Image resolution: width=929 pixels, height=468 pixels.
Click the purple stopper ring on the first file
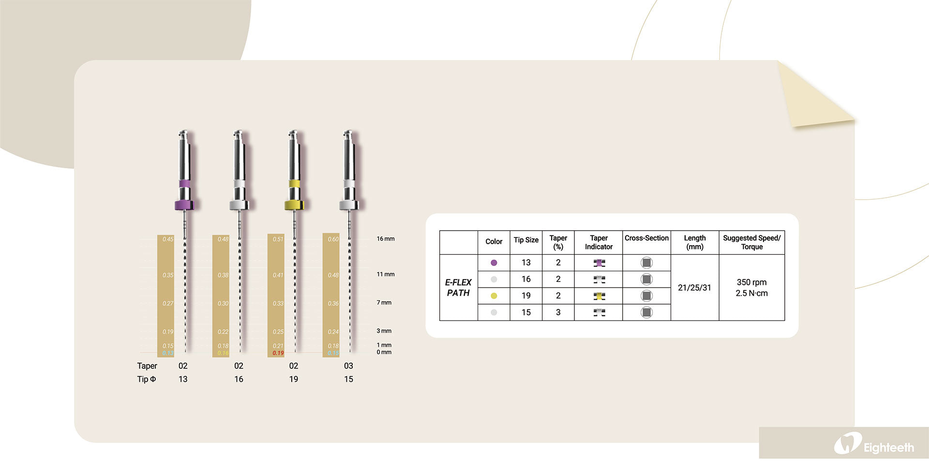[x=184, y=205]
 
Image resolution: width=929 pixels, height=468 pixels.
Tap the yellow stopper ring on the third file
[x=294, y=205]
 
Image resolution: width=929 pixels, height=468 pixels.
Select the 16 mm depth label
[x=386, y=239]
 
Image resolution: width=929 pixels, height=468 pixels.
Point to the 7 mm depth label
[x=384, y=303]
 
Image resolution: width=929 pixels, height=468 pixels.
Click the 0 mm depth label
[x=384, y=352]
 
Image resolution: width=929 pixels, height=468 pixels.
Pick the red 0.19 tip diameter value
[x=278, y=353]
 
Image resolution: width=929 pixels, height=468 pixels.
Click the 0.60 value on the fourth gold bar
[x=333, y=239]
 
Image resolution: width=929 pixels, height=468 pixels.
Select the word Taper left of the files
[x=147, y=366]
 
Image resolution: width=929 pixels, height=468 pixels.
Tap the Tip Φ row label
[x=147, y=379]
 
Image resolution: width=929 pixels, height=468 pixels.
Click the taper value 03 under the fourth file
[x=348, y=366]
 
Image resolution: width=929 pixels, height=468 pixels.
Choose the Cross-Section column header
[x=646, y=238]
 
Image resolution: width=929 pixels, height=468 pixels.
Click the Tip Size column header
[x=526, y=240]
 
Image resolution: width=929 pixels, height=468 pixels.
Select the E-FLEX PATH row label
[x=458, y=288]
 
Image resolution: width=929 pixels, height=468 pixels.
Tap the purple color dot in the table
[x=494, y=263]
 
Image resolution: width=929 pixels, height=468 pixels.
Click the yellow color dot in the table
[x=494, y=296]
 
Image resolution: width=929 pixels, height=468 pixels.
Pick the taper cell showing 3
[x=558, y=312]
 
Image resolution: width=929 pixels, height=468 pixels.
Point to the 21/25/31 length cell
[x=694, y=288]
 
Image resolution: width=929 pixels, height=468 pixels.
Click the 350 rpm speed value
[x=751, y=282]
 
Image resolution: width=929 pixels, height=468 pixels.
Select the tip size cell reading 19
[x=526, y=296]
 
